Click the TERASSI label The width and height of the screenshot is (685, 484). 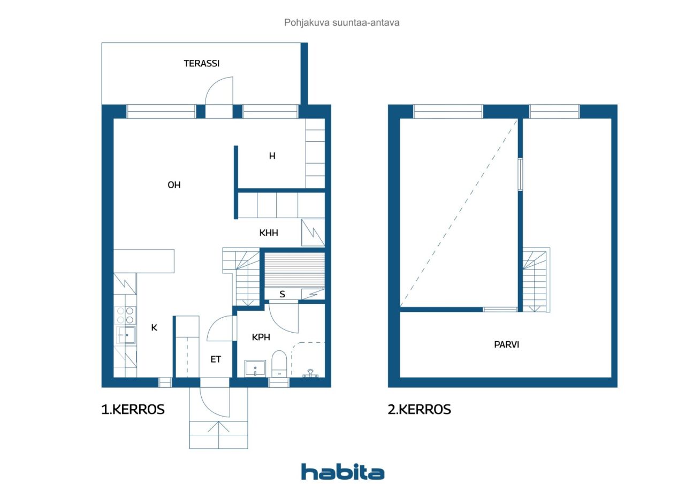[202, 64]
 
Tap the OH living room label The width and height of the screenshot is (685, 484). [174, 185]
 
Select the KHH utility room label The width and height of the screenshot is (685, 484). [269, 233]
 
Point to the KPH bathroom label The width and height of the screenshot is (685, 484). [261, 337]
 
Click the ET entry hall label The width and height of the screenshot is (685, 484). [216, 359]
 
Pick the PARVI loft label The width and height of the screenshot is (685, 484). [507, 344]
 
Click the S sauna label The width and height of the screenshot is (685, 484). [282, 294]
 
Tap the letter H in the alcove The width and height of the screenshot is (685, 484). [272, 156]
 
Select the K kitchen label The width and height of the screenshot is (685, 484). [154, 327]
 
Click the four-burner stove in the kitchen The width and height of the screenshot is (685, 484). [125, 316]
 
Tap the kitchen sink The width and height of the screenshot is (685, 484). [126, 335]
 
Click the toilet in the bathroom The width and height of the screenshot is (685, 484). [279, 364]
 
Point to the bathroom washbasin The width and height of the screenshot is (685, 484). [255, 368]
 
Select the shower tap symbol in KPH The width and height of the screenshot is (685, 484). [310, 374]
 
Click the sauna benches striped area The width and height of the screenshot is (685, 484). [294, 271]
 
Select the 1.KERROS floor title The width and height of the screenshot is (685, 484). [133, 410]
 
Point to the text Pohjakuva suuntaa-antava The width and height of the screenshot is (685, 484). [342, 22]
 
